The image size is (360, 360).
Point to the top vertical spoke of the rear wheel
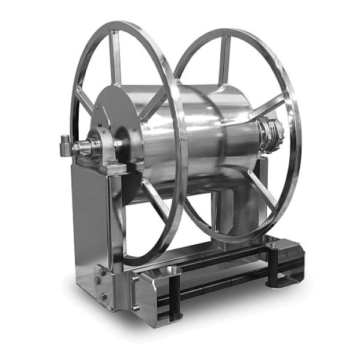pyautogui.click(x=224, y=60)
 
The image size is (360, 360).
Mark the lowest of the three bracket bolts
pyautogui.click(x=104, y=296)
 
